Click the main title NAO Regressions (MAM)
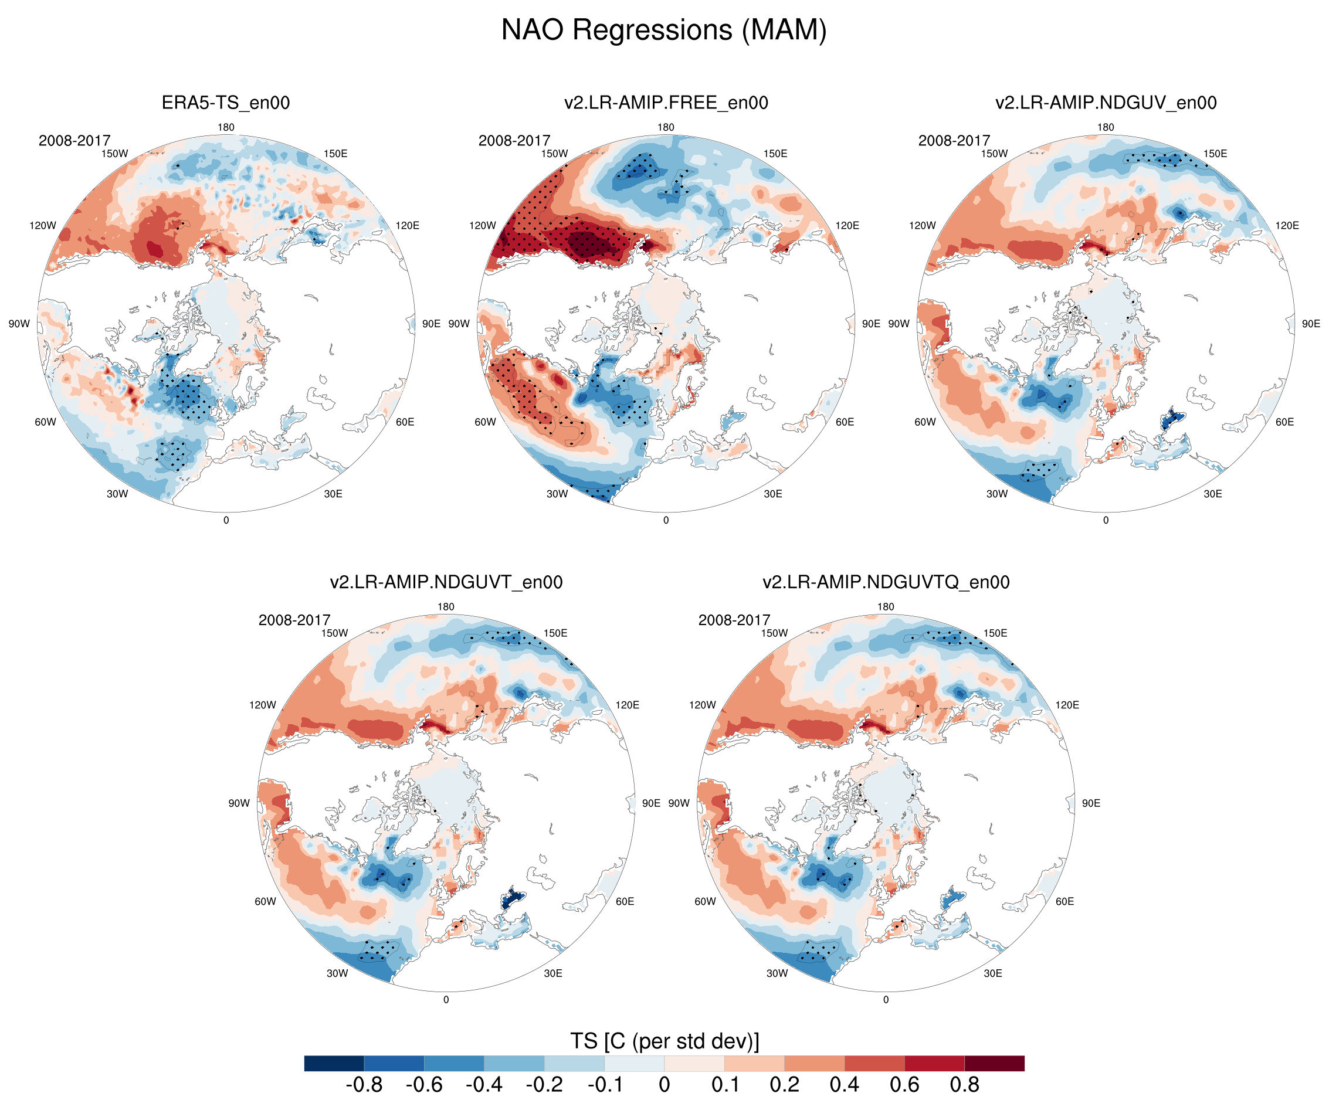click(664, 30)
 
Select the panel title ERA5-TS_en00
click(226, 103)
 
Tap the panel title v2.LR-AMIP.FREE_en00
click(666, 103)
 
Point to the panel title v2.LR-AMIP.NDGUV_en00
click(1106, 103)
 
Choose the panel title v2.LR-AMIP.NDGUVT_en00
click(446, 582)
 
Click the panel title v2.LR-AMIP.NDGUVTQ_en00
click(886, 582)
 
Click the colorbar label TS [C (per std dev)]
click(664, 1041)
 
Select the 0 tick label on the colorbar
click(664, 1085)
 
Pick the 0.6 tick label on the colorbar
click(904, 1085)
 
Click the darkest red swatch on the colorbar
click(994, 1063)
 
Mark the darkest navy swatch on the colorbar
click(334, 1063)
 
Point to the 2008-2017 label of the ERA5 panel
click(74, 141)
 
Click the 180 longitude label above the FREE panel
click(666, 127)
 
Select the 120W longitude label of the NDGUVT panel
click(262, 705)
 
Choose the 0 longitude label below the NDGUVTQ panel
click(886, 1000)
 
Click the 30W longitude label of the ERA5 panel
click(117, 494)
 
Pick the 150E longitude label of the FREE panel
click(775, 154)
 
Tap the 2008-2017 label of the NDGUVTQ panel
click(734, 620)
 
